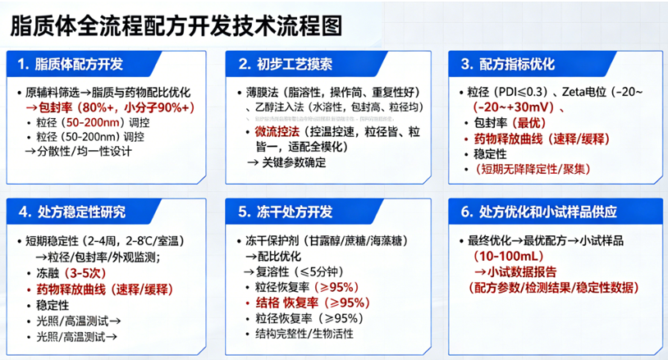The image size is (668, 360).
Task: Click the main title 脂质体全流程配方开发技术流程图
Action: click(176, 25)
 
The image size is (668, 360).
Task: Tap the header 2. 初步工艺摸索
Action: click(287, 64)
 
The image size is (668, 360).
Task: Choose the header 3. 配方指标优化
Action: click(508, 64)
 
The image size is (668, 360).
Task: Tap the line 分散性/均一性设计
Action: click(78, 151)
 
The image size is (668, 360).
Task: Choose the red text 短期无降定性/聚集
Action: click(524, 168)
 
